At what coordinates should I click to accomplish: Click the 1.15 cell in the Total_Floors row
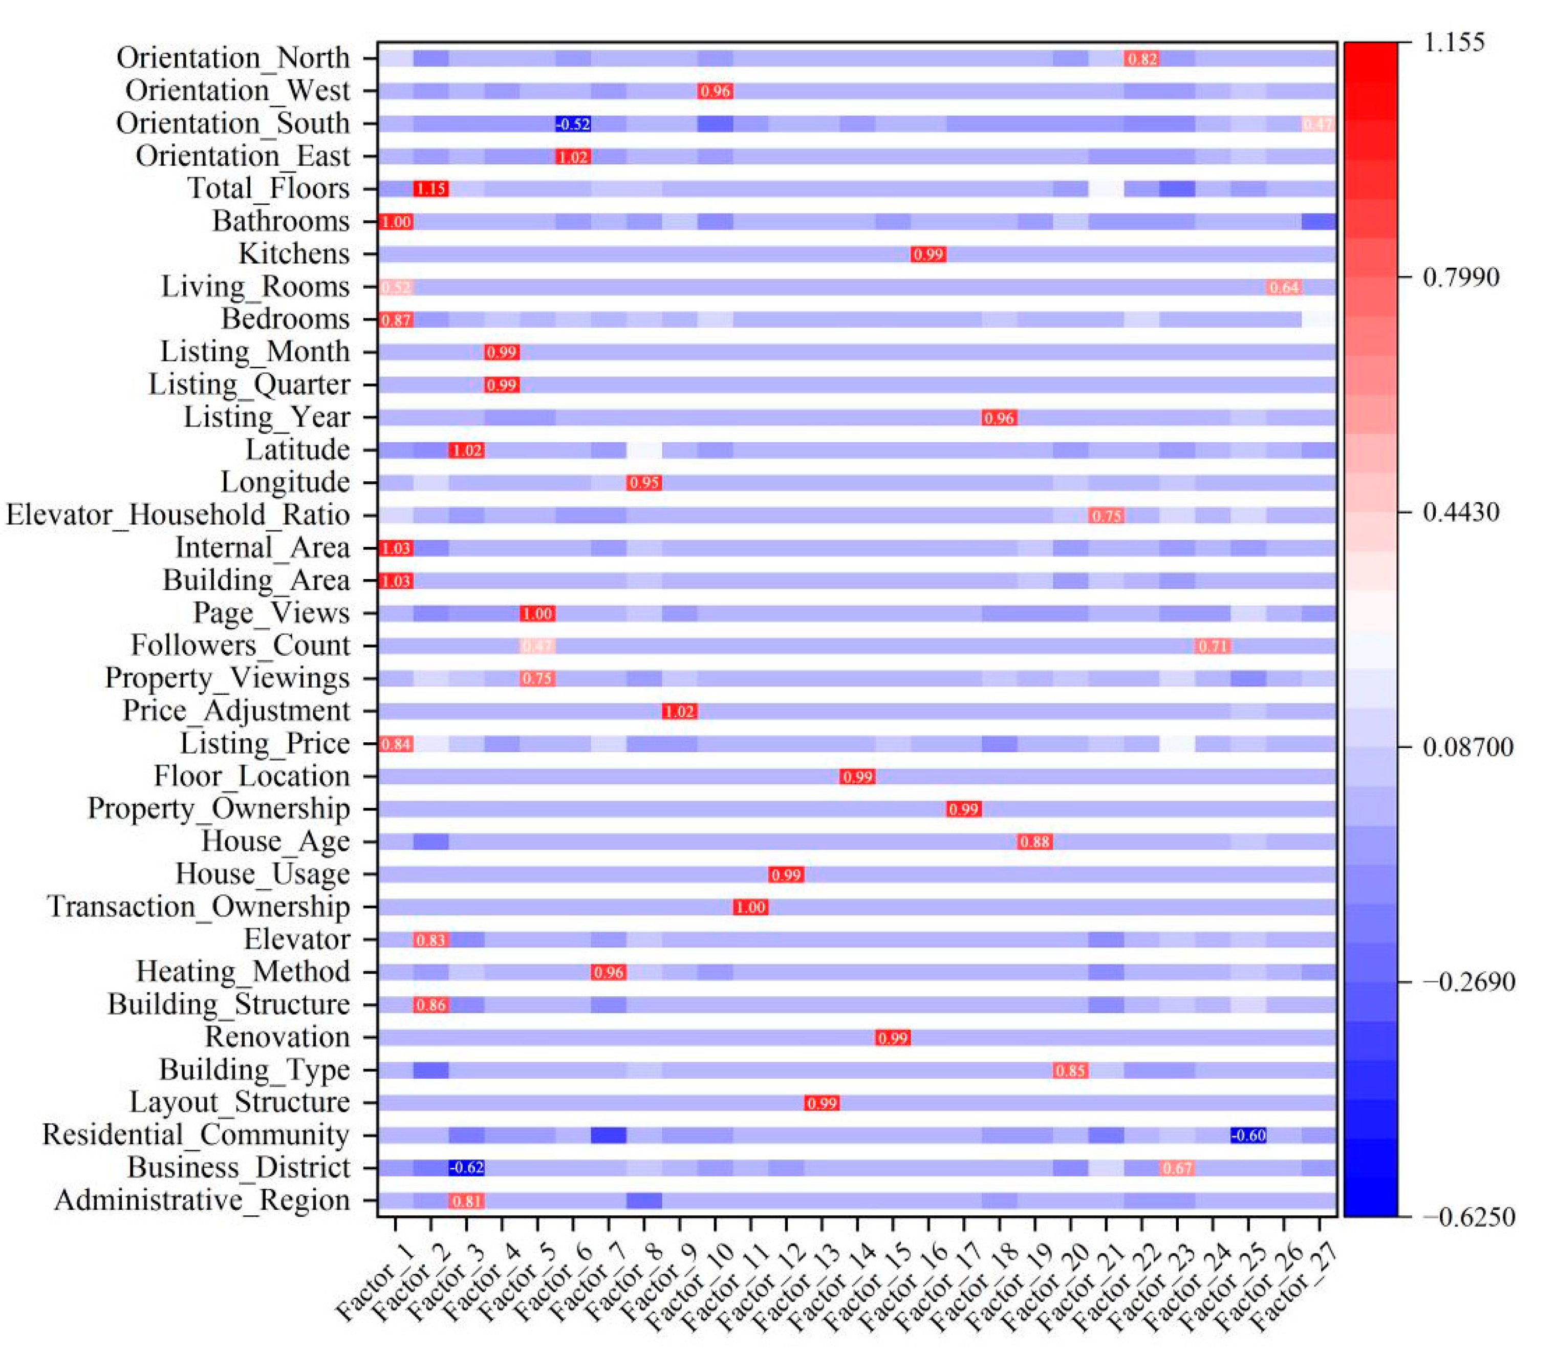pyautogui.click(x=431, y=189)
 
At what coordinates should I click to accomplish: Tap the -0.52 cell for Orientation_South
pyautogui.click(x=573, y=123)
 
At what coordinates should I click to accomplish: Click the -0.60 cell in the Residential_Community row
pyautogui.click(x=1248, y=1134)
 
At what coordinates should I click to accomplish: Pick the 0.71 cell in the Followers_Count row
pyautogui.click(x=1213, y=646)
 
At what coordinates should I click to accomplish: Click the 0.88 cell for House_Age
pyautogui.click(x=1034, y=842)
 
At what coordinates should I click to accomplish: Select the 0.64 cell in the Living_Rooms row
pyautogui.click(x=1284, y=287)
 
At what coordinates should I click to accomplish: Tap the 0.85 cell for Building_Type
pyautogui.click(x=1070, y=1070)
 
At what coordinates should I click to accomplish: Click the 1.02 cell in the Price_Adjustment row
pyautogui.click(x=679, y=711)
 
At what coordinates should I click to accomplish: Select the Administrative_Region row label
pyautogui.click(x=202, y=1200)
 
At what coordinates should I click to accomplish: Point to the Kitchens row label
pyautogui.click(x=294, y=254)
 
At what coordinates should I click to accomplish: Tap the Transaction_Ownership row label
pyautogui.click(x=199, y=906)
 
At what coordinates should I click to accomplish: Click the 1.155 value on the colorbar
pyautogui.click(x=1453, y=42)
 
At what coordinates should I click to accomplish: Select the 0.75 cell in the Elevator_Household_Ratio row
pyautogui.click(x=1106, y=516)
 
